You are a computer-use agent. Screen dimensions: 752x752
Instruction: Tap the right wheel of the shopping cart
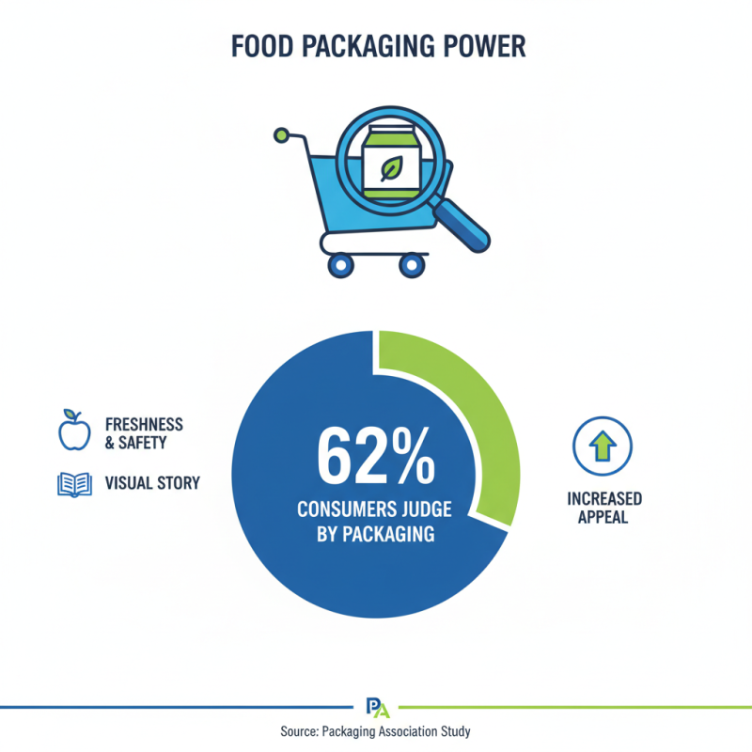(411, 264)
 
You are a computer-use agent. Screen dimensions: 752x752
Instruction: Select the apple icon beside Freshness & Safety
(73, 431)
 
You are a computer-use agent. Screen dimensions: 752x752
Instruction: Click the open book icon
(74, 483)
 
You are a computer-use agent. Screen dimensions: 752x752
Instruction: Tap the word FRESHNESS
(144, 425)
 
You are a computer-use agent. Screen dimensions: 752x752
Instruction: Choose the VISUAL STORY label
(152, 483)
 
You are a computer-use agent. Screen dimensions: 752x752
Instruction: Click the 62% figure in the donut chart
(376, 456)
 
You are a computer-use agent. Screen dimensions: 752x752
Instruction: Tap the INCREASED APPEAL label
(603, 508)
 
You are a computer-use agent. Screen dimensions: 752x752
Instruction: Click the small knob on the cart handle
(279, 136)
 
